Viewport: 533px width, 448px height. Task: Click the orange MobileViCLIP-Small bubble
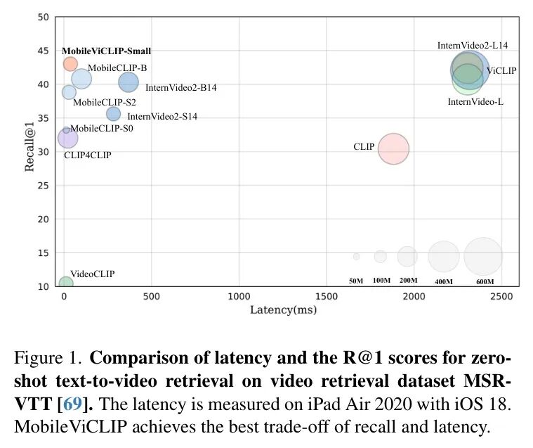(70, 64)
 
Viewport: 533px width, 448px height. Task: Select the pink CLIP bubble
(393, 148)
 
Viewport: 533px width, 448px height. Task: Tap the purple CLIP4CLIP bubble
(68, 138)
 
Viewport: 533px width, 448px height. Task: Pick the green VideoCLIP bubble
(65, 283)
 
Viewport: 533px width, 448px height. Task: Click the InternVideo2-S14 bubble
(113, 114)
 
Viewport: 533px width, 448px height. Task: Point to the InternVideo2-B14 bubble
(129, 83)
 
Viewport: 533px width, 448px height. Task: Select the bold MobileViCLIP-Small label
(106, 51)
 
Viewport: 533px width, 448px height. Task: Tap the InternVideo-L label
(475, 102)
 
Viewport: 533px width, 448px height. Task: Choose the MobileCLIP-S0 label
(102, 129)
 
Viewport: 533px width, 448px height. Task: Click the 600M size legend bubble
(483, 257)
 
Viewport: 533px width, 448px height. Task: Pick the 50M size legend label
(356, 281)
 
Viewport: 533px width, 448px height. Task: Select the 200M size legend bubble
(407, 257)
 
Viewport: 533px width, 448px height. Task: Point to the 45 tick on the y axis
(44, 51)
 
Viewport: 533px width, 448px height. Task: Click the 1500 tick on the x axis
(327, 297)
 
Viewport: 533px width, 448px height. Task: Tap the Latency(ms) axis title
(284, 309)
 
